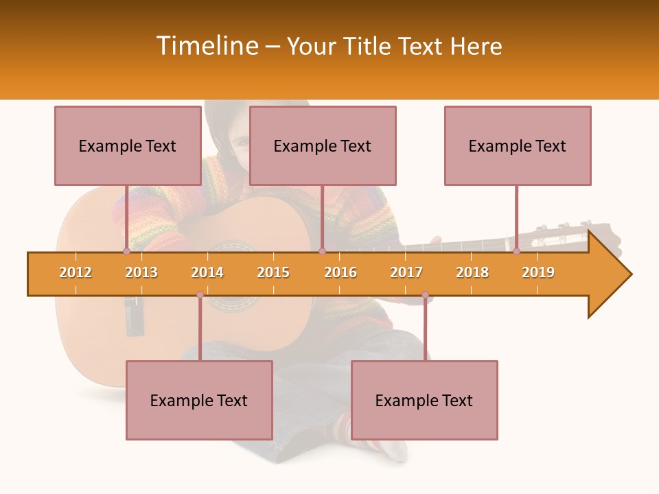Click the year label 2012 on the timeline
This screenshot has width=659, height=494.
[x=76, y=272]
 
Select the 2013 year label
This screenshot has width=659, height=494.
[x=141, y=272]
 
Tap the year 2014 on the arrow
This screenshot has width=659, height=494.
[x=207, y=272]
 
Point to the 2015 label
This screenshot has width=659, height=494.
[x=273, y=272]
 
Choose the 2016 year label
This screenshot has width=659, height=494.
[x=340, y=272]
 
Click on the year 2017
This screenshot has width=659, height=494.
[x=406, y=272]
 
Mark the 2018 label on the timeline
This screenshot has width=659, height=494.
[x=472, y=272]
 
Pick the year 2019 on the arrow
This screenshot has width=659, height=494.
[x=538, y=272]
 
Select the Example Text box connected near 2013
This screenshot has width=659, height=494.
[x=128, y=145]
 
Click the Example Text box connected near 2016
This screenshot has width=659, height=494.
[x=323, y=145]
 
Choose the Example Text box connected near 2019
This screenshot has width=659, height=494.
[x=518, y=145]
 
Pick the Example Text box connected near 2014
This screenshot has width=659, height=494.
[x=199, y=400]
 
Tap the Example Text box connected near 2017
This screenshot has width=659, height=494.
[x=424, y=400]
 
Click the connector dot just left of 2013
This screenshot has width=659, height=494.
[x=126, y=252]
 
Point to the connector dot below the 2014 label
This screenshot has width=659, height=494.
[x=200, y=295]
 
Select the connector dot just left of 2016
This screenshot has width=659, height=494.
[x=322, y=252]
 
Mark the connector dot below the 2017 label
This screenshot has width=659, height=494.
[x=425, y=295]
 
